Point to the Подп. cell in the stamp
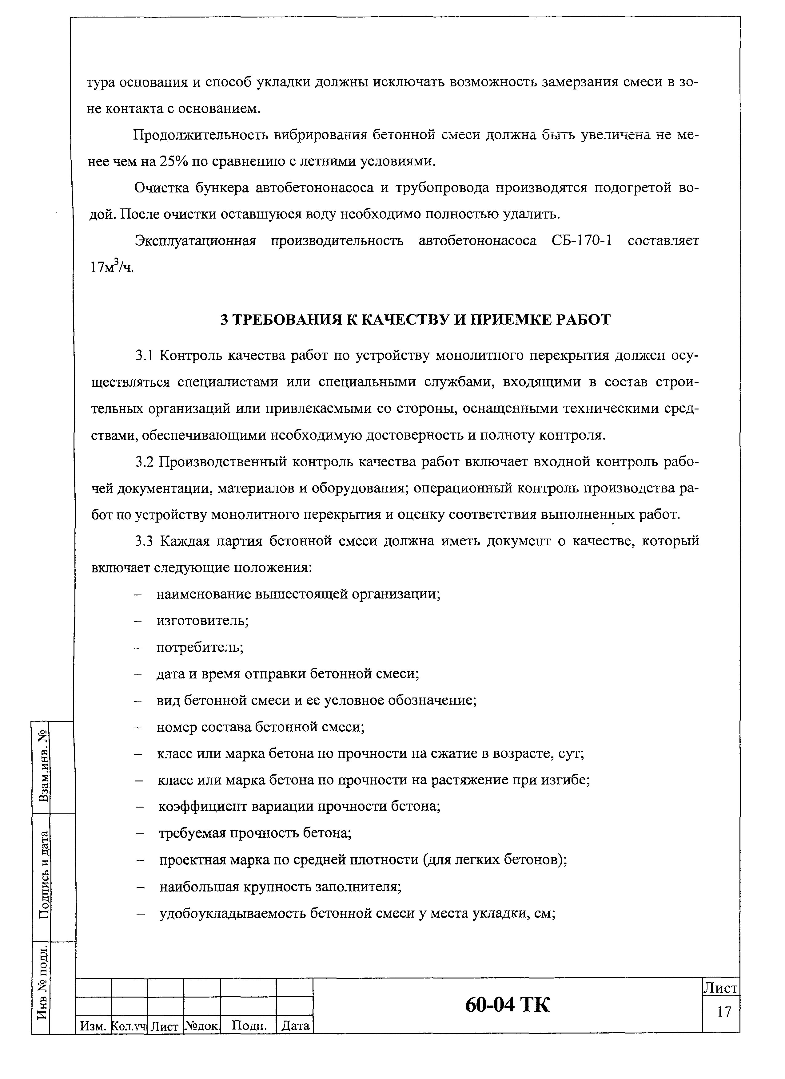point(248,1025)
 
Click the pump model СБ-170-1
point(582,241)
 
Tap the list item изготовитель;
point(203,621)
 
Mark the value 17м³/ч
point(112,267)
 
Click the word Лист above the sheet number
point(721,988)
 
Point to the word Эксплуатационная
point(196,241)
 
